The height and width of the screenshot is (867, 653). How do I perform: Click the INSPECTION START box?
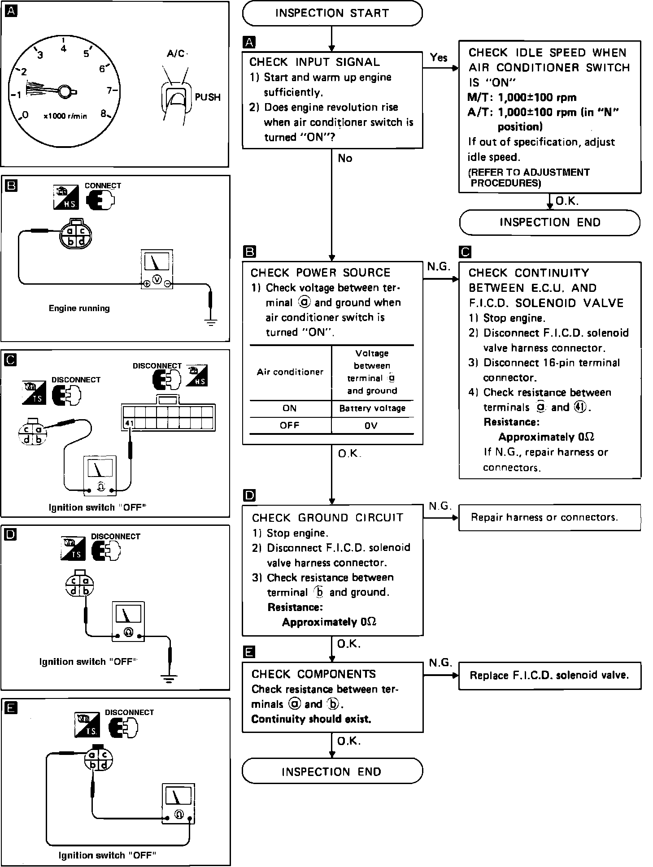(x=332, y=13)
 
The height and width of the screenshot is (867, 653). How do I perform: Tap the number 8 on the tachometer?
(x=104, y=114)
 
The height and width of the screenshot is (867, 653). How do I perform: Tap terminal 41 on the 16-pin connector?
(x=129, y=423)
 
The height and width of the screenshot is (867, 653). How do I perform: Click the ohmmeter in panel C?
(x=101, y=476)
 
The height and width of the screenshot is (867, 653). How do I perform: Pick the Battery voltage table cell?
(x=372, y=408)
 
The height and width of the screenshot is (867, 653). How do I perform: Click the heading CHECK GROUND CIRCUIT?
(x=327, y=518)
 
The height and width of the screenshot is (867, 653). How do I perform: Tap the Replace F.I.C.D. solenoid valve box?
(x=549, y=676)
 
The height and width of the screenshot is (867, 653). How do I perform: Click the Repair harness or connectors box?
(x=549, y=517)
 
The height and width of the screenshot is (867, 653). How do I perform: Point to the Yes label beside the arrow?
(x=439, y=57)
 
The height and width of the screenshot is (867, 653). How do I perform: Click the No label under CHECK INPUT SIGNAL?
(x=345, y=158)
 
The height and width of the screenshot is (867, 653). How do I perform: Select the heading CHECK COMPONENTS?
(x=313, y=674)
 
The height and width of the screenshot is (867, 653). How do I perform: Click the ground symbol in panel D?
(x=169, y=678)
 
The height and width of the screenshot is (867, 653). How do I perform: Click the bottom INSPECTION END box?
(x=332, y=772)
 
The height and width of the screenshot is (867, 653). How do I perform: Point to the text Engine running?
(x=79, y=308)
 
